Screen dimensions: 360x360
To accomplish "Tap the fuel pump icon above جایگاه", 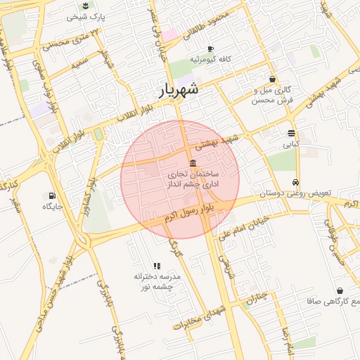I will click(x=52, y=195).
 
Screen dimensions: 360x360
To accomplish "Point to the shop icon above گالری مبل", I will click(x=272, y=79).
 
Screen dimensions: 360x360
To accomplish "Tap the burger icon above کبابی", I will click(x=291, y=133).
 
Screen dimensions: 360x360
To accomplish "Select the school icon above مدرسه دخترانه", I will click(x=157, y=266).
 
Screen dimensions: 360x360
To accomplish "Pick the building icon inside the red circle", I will click(x=193, y=164).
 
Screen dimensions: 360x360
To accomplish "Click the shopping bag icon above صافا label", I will click(x=340, y=290).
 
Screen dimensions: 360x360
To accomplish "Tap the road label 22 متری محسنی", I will click(x=71, y=39).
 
